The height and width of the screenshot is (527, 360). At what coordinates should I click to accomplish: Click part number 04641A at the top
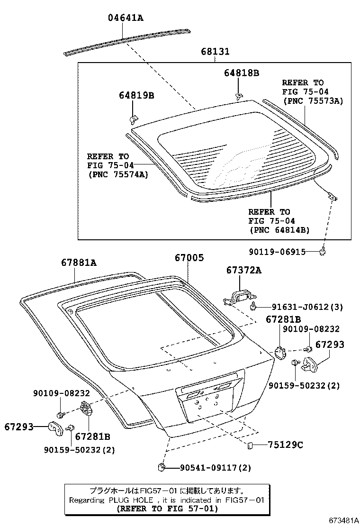point(126,18)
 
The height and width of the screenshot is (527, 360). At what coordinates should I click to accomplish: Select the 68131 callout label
point(215,52)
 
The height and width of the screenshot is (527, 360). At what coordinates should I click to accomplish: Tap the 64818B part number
point(242,73)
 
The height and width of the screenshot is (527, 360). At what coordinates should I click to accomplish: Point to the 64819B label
point(136,95)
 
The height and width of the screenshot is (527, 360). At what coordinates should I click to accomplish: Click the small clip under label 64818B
point(238,97)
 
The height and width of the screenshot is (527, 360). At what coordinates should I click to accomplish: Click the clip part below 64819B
point(133,118)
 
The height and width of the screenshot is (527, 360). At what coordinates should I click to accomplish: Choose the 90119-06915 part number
point(278,252)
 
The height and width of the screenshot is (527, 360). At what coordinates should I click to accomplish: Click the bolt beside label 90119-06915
point(323,251)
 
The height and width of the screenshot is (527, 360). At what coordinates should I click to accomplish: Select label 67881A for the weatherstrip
point(79,262)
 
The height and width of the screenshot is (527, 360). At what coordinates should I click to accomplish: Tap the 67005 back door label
point(189,258)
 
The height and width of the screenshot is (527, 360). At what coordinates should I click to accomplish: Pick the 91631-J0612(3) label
point(307,307)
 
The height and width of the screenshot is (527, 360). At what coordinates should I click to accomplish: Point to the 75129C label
point(286,445)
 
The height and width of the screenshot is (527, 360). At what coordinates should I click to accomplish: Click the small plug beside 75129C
point(250,445)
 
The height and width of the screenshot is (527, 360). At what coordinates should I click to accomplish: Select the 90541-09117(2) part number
point(215,467)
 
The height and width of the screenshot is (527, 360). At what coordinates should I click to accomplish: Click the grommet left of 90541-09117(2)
point(162,467)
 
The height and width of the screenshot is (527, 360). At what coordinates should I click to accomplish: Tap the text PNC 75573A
point(313,101)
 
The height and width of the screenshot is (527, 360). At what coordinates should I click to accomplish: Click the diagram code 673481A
point(344,520)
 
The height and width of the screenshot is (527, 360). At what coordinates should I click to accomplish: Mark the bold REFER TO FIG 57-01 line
point(167,509)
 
